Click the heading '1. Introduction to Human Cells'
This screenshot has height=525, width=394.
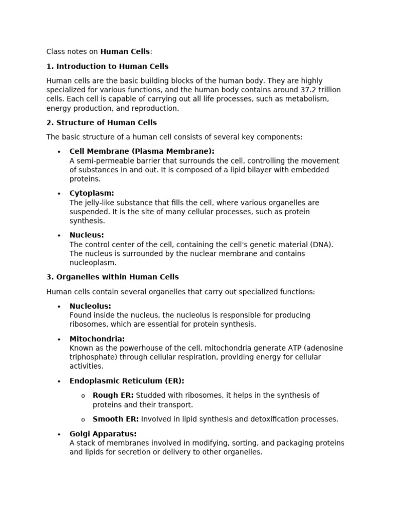point(107,67)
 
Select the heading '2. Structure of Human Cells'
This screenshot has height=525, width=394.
point(102,123)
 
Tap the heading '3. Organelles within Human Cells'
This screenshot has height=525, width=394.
point(112,277)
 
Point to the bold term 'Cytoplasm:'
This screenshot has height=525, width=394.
point(92,193)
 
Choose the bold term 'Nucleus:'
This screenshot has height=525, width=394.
point(87,235)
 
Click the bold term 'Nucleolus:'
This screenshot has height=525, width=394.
point(90,306)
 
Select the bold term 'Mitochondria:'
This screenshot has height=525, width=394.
point(97,339)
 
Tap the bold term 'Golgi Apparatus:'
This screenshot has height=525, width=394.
point(103,434)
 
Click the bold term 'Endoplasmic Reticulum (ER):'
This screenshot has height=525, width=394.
point(127,381)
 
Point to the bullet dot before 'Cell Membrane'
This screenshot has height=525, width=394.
point(59,152)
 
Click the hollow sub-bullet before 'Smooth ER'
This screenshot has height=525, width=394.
point(83,420)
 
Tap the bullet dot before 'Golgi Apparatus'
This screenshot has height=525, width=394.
point(59,434)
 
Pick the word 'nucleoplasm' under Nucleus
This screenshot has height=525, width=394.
point(91,263)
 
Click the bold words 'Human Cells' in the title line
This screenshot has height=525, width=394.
point(125,52)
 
